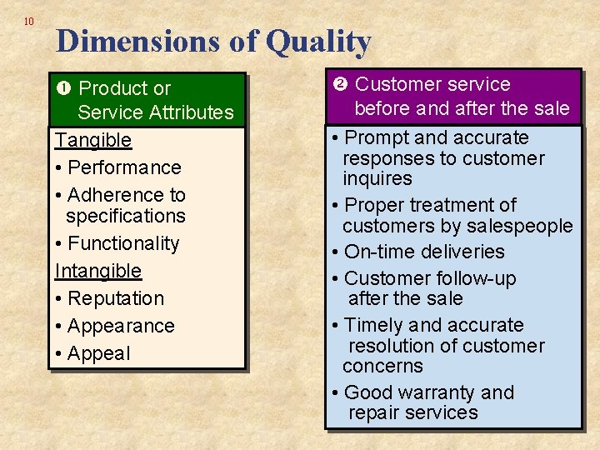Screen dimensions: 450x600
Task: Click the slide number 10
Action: point(29,21)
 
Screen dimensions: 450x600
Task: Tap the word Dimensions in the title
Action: point(152,41)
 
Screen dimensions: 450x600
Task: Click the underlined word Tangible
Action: point(93,140)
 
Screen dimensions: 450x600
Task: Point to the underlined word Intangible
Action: point(98,271)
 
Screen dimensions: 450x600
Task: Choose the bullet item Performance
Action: point(124,167)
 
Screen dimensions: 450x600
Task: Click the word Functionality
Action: point(123,243)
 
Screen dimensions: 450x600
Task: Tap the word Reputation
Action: point(116,298)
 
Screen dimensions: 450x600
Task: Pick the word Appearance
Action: point(121,326)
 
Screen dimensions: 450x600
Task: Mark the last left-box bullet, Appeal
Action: point(99,353)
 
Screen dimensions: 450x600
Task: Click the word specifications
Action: point(126,216)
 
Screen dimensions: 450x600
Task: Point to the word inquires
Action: point(377,178)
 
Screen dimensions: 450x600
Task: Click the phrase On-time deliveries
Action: point(424,252)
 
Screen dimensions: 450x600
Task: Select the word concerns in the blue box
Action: point(382,366)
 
